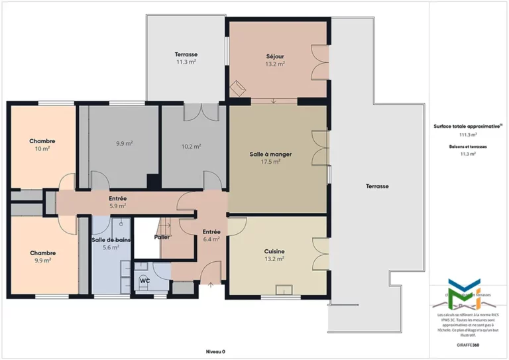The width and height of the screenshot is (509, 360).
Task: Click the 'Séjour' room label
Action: click(275, 56)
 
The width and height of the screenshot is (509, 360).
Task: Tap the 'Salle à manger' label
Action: click(270, 154)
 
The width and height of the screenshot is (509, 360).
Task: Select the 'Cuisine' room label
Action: click(274, 251)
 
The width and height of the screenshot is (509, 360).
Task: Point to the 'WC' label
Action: click(144, 280)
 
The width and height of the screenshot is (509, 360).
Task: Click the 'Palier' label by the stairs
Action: click(162, 237)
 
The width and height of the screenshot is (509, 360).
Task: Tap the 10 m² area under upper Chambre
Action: click(42, 149)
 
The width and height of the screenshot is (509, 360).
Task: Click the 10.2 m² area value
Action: click(191, 147)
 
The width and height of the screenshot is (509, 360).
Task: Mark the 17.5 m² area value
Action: click(270, 161)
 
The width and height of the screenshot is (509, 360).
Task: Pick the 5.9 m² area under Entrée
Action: click(117, 206)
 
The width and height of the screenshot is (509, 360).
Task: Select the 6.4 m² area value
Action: click(211, 239)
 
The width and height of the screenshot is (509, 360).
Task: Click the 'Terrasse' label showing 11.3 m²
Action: click(186, 54)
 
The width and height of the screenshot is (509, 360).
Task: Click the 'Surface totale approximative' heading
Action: click(467, 125)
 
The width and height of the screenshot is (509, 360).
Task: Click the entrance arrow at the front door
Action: click(211, 285)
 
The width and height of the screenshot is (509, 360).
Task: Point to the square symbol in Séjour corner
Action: click(237, 88)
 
